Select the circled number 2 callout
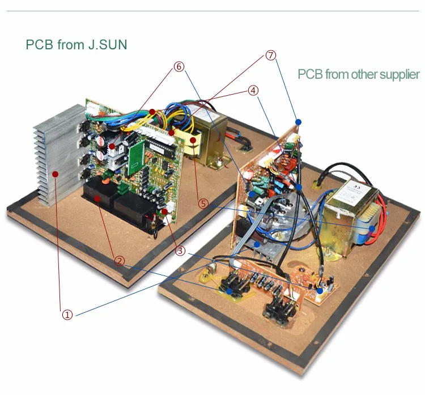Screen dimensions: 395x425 click(x=120, y=261)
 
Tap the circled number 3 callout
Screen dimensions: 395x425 click(x=181, y=250)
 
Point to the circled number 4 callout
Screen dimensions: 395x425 click(x=253, y=90)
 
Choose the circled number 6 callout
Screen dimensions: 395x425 click(x=179, y=66)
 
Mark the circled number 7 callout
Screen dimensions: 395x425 click(x=271, y=55)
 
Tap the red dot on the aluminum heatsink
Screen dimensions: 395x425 click(x=55, y=173)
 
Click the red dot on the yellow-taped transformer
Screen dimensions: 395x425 click(x=193, y=139)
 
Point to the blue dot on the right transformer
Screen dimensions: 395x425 click(x=372, y=228)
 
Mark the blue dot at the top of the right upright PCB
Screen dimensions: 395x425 click(x=298, y=121)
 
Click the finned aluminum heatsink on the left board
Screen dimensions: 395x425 click(x=54, y=153)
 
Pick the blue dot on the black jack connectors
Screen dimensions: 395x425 click(x=229, y=291)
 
